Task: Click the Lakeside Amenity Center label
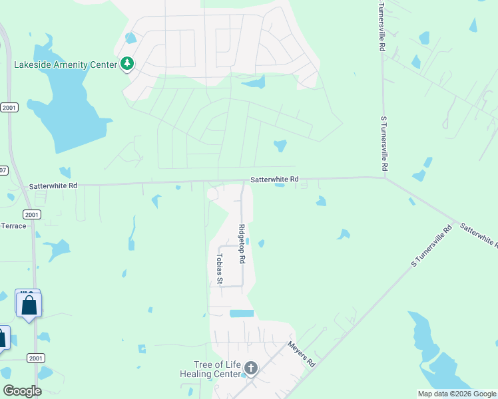click(x=65, y=65)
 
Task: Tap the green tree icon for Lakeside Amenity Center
click(x=126, y=65)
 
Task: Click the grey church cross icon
click(x=251, y=368)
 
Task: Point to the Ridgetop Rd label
click(x=242, y=245)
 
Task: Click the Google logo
click(x=22, y=391)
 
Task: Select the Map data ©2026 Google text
click(x=457, y=394)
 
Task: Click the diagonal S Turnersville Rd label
click(x=431, y=247)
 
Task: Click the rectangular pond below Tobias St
click(x=242, y=313)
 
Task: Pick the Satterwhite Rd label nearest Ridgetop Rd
click(x=274, y=180)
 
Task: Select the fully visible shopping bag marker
click(x=29, y=306)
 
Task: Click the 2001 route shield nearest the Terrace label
click(x=31, y=214)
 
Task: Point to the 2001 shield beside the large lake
click(x=9, y=107)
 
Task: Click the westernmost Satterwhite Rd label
click(x=53, y=186)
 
